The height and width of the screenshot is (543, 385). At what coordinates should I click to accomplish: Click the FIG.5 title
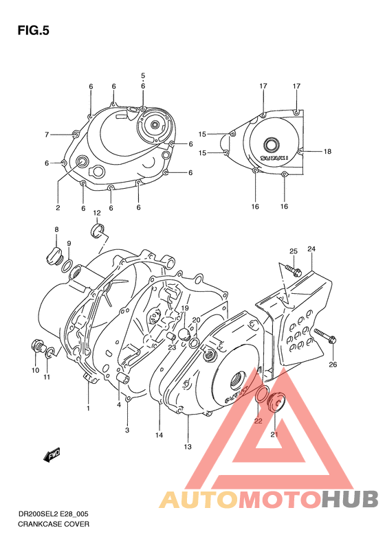point(34,31)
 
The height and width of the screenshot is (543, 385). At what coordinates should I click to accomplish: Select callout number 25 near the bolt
point(293,251)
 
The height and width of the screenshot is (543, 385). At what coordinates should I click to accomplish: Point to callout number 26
point(333,364)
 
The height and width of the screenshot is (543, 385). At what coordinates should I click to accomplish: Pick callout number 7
point(47,134)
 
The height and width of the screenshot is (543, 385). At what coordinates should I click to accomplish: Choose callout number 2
point(58,207)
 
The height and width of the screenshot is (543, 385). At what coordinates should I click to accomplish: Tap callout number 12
point(97,213)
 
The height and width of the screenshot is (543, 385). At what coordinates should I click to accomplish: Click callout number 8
point(56,229)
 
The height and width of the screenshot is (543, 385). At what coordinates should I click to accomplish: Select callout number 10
point(35,371)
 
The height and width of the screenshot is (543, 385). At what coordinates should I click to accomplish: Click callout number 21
point(274,435)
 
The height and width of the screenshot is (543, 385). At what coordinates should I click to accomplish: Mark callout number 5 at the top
point(143,76)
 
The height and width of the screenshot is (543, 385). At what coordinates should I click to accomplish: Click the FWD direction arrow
point(52,454)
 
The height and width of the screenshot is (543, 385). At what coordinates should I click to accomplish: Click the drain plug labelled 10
point(37,347)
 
